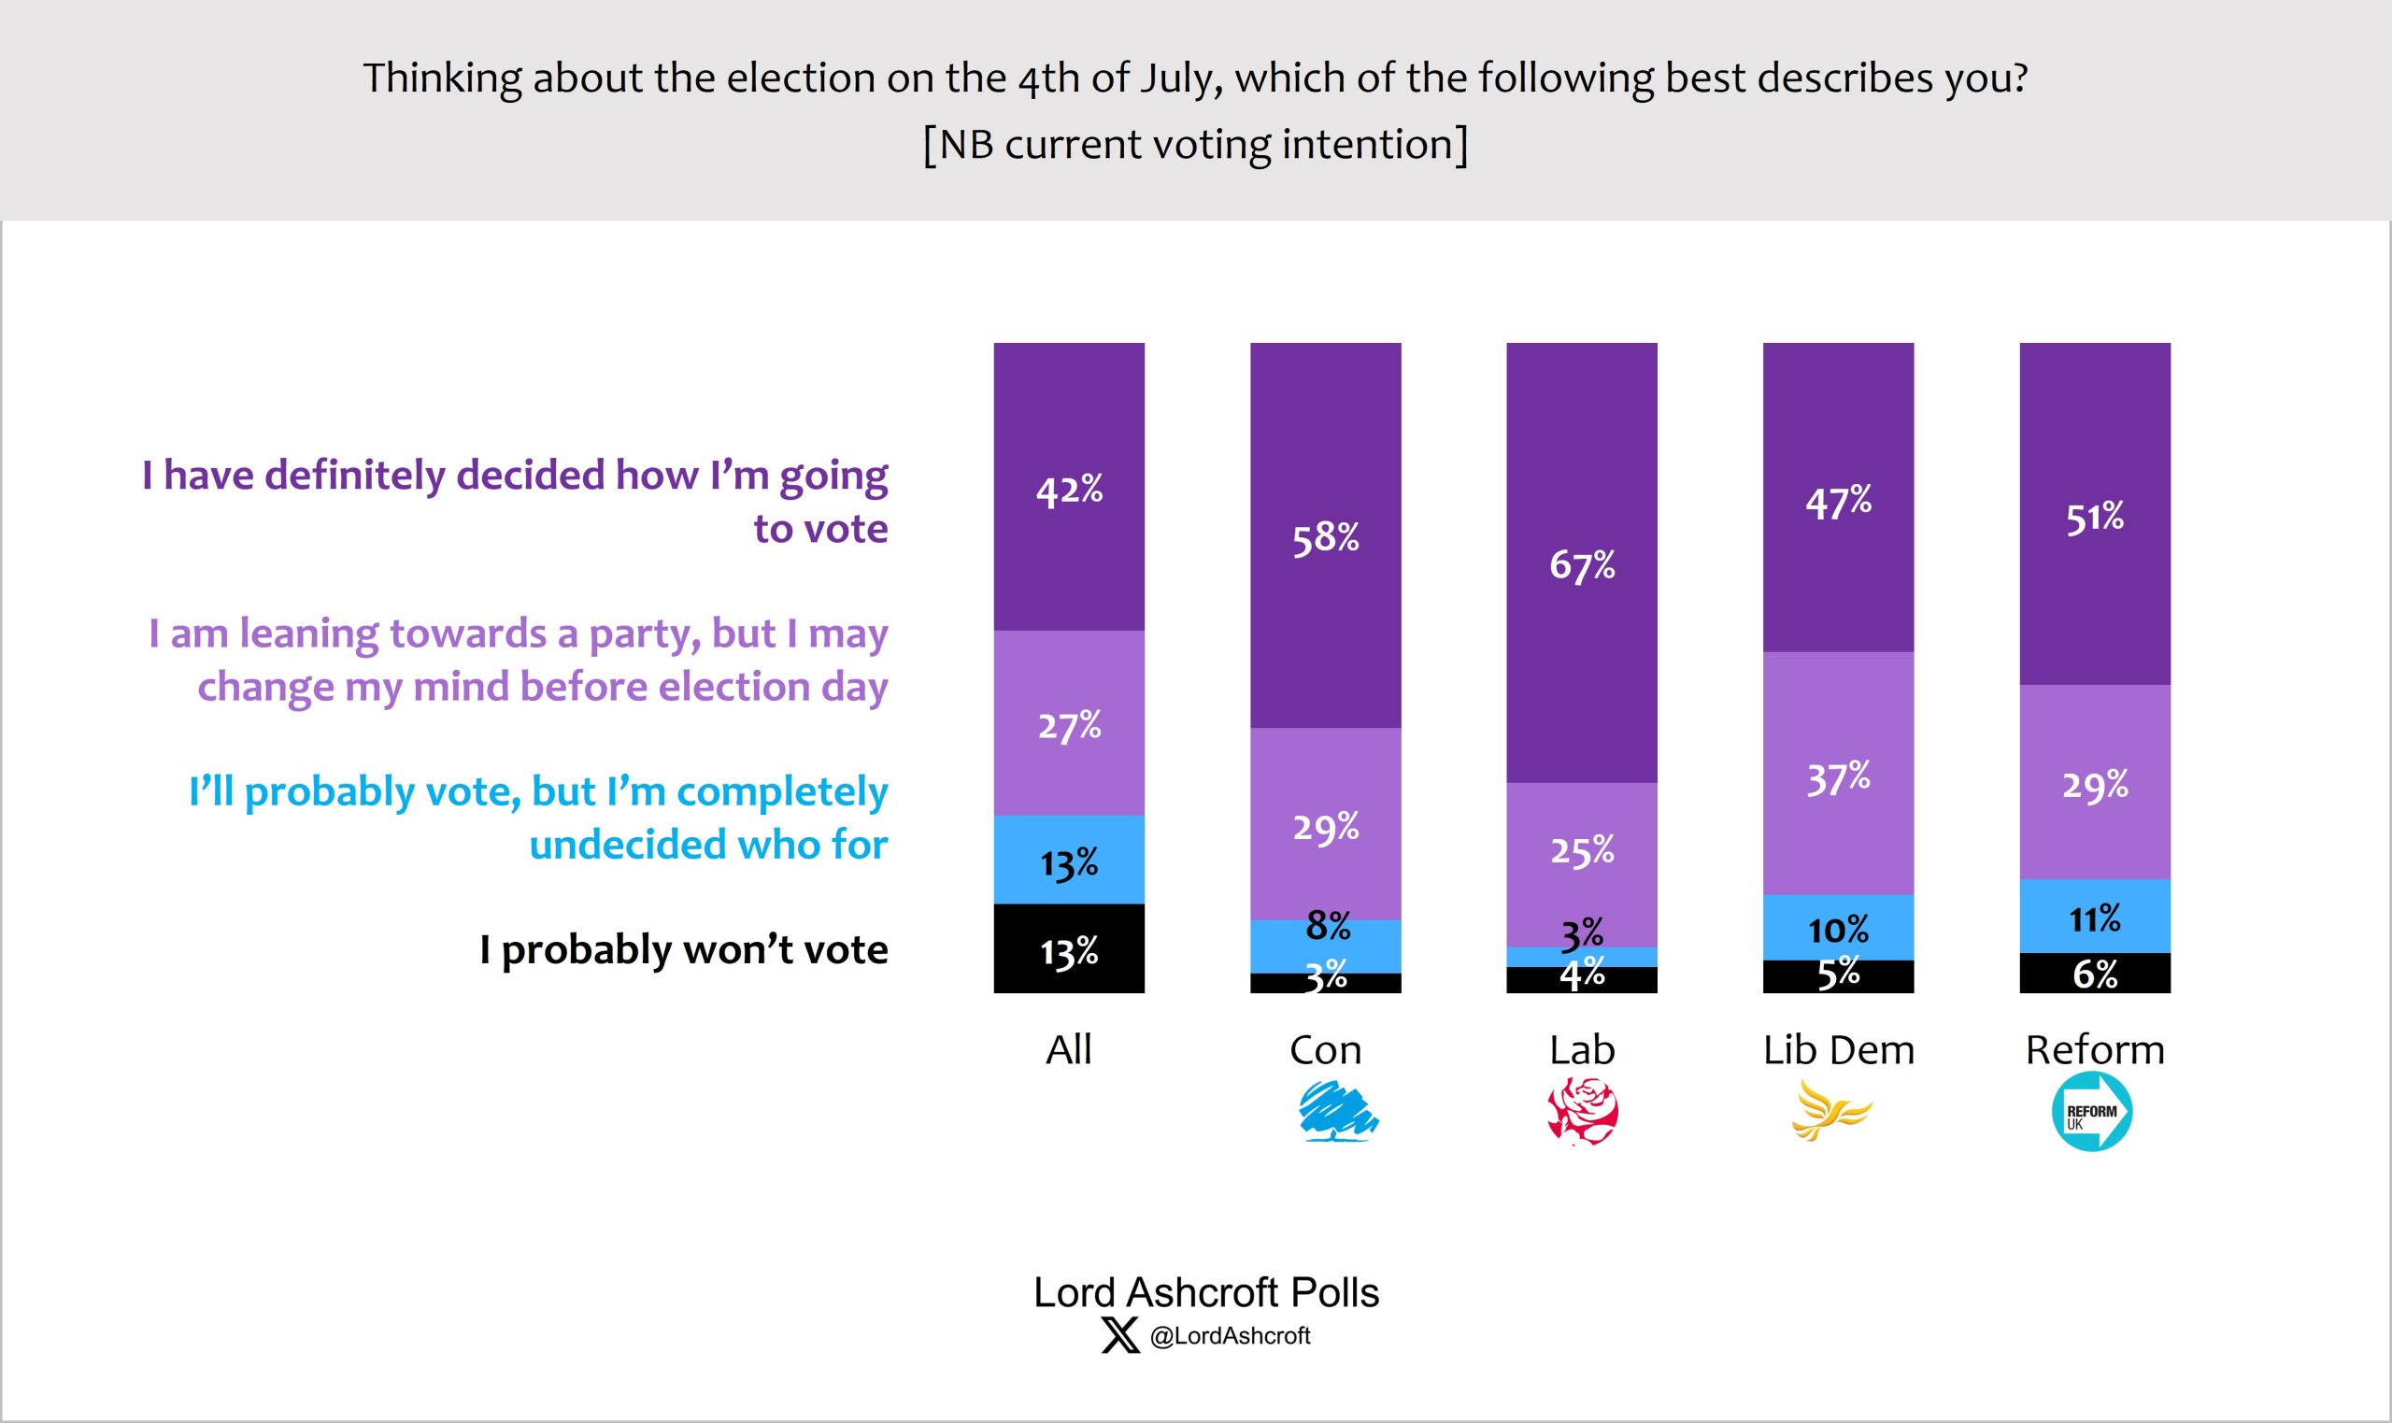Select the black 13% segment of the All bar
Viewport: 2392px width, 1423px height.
1069,949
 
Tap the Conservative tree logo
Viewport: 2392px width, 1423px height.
1337,1111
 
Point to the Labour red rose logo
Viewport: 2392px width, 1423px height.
1583,1111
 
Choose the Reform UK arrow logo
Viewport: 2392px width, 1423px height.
2092,1111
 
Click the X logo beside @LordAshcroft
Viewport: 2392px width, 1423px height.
1119,1335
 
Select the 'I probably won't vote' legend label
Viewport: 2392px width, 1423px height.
684,949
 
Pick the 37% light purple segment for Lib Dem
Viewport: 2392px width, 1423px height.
1838,776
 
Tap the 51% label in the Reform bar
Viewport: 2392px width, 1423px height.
2094,518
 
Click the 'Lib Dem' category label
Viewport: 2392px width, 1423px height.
1838,1050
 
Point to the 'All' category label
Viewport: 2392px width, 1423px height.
1068,1050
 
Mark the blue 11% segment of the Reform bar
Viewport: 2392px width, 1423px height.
2095,917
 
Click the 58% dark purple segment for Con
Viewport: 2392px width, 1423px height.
1325,537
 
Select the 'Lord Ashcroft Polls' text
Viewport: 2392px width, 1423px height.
1205,1292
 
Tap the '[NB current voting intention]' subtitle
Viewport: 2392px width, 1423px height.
1194,145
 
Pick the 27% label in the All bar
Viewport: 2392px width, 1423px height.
1069,725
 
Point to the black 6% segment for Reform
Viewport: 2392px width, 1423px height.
2095,975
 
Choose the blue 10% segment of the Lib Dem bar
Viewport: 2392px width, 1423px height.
1838,927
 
